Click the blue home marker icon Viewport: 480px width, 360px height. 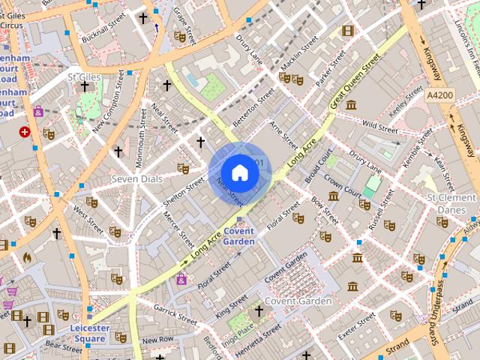pyautogui.click(x=239, y=172)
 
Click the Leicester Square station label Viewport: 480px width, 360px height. pyautogui.click(x=90, y=333)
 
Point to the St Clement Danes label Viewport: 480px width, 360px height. pyautogui.click(x=451, y=203)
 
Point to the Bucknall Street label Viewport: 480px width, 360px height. pyautogui.click(x=105, y=30)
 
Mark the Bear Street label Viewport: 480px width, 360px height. pyautogui.click(x=63, y=346)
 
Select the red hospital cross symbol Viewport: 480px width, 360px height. pyautogui.click(x=25, y=132)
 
